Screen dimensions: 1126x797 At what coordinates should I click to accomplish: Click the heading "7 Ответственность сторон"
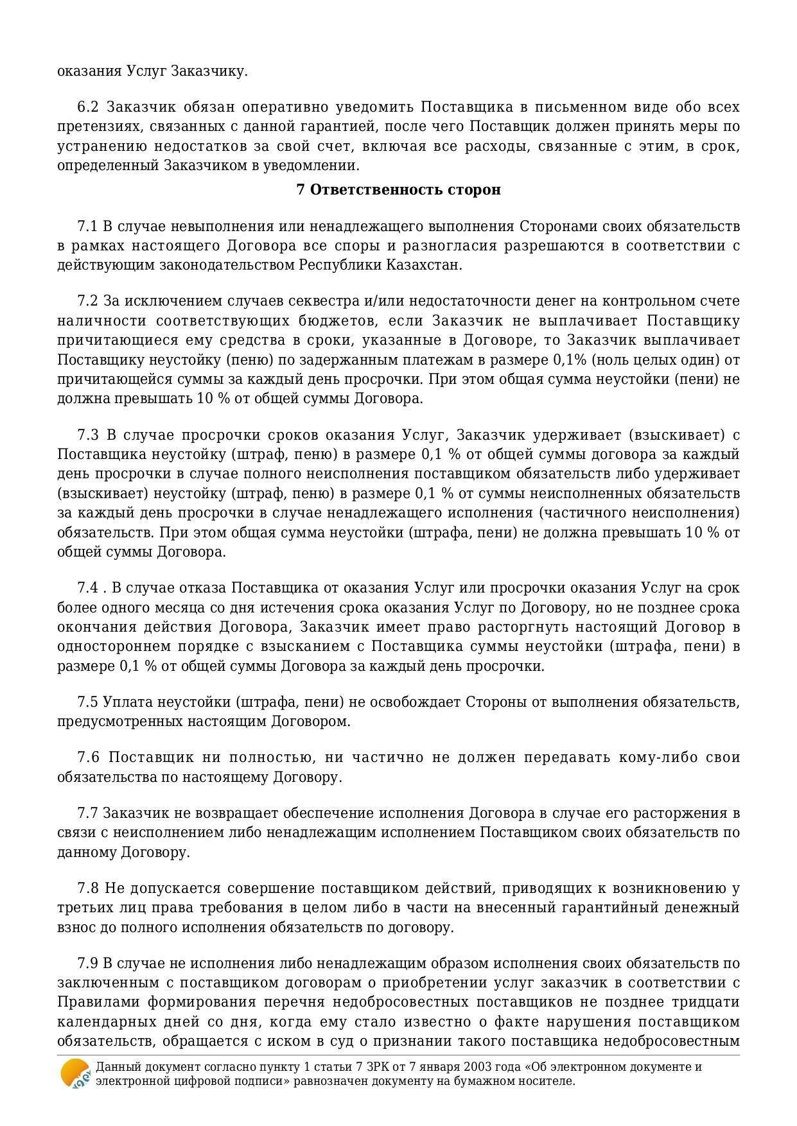coord(398,190)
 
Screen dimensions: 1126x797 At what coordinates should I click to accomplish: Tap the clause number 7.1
coord(87,227)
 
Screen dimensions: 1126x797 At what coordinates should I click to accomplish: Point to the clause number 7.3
coord(88,435)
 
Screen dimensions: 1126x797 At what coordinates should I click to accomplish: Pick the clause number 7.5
coord(87,702)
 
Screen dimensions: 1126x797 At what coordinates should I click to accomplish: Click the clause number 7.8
coord(88,889)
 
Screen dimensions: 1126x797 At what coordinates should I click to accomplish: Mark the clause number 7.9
coord(87,964)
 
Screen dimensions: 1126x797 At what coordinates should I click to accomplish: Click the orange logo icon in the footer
coord(74,1073)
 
